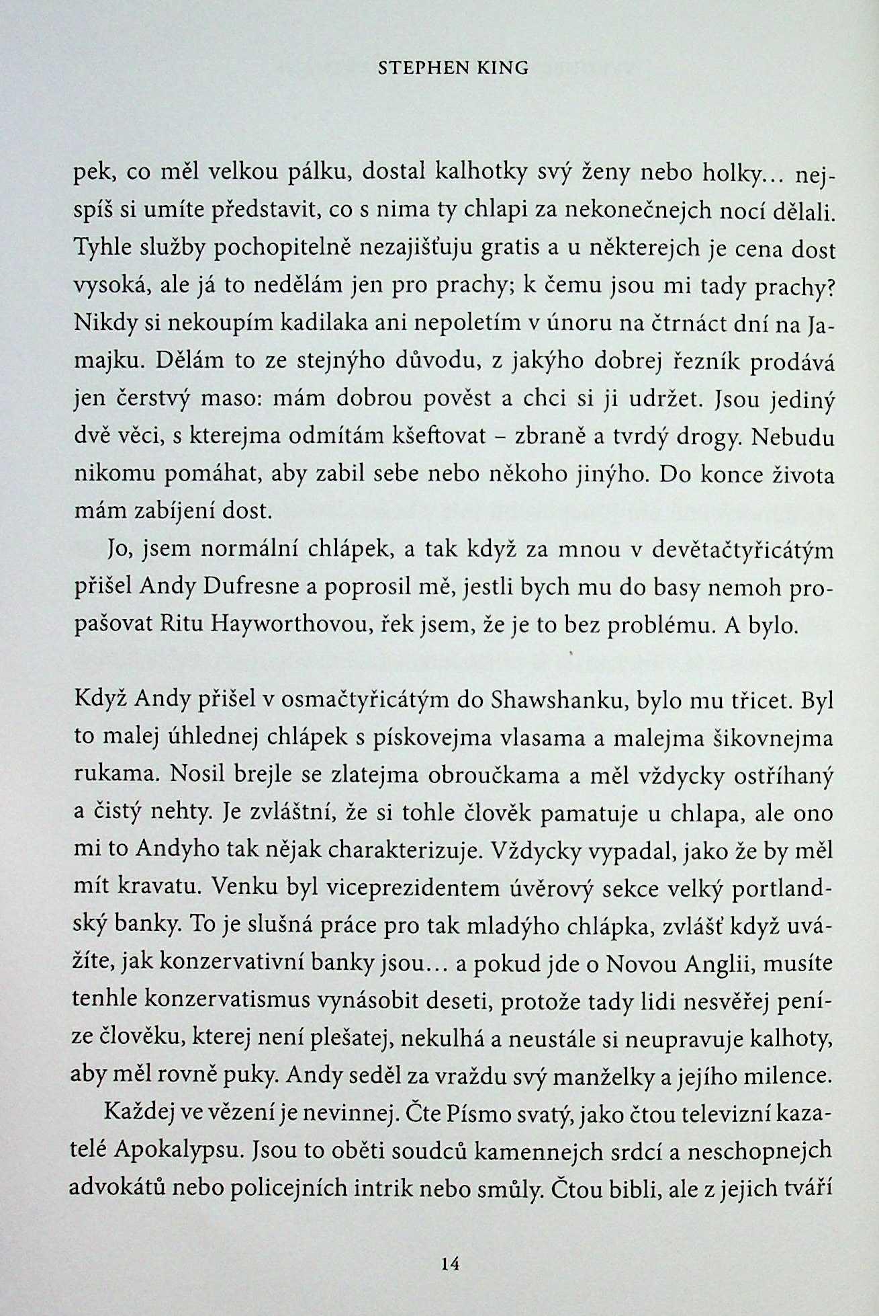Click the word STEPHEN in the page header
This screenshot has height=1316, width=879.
(416, 68)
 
